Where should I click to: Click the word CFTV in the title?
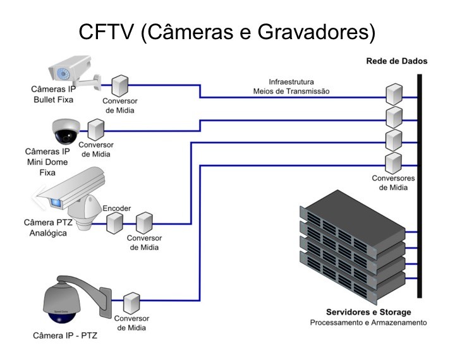coord(106,32)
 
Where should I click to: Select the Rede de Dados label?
coord(397,61)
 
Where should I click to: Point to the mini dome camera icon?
coord(66,131)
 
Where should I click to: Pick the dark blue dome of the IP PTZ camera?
coord(61,318)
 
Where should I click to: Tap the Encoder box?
coord(114,223)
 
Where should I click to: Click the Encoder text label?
coord(117,208)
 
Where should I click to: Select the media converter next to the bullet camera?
coord(120,86)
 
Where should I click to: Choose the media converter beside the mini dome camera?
coord(96,129)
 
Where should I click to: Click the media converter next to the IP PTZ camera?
coord(131,303)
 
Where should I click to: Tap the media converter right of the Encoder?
coord(144,223)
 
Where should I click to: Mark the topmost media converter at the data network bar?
coord(394,94)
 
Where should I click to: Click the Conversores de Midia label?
coord(393,183)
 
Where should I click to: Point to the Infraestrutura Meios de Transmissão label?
coord(291,87)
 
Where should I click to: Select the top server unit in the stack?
coord(352,222)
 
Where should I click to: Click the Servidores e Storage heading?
coord(368,312)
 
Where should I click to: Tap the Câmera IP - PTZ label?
coord(65,335)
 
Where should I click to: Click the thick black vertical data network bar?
coord(420,186)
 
